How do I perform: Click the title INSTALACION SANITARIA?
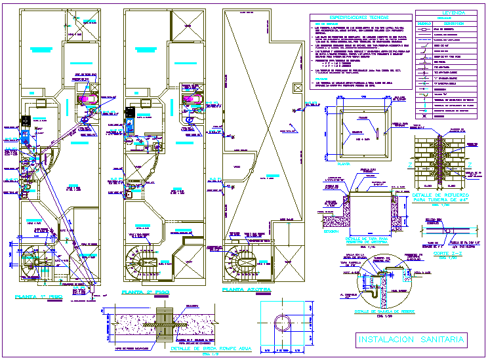point(412,339)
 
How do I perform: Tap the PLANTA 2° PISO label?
point(146,292)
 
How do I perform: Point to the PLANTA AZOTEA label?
point(245,289)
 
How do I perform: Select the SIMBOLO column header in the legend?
point(423,24)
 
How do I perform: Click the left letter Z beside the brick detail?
point(408,165)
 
